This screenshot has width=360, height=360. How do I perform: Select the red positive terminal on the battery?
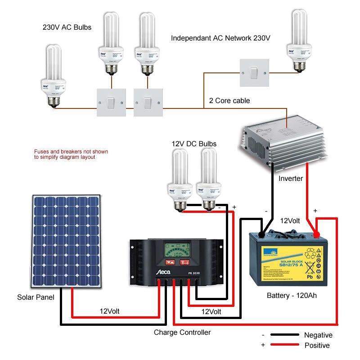[x=316, y=234]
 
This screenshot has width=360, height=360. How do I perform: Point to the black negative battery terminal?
[x=262, y=234]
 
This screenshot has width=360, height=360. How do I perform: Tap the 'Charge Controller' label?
[x=182, y=333]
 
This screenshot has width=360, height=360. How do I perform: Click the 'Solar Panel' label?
[x=36, y=297]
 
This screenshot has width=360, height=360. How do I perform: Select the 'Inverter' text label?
[x=290, y=179]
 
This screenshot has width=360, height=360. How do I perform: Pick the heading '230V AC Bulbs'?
[x=67, y=27]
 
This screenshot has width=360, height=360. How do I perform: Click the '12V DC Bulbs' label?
[x=194, y=144]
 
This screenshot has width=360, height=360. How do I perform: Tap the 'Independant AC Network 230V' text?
[x=220, y=38]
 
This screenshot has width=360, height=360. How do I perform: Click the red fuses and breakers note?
[x=71, y=154]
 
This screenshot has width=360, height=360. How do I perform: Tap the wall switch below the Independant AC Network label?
[x=254, y=72]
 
